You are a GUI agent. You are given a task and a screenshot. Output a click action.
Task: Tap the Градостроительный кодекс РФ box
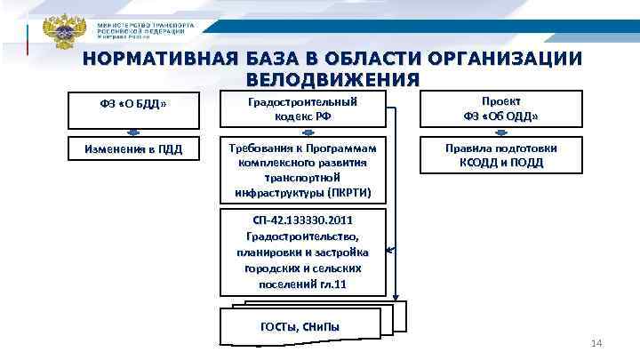[305, 108]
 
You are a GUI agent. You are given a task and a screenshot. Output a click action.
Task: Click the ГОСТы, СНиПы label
[300, 327]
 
